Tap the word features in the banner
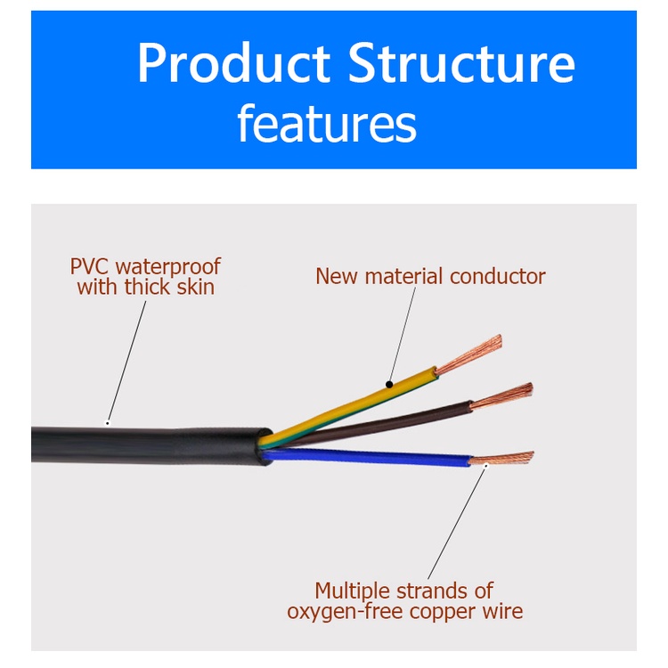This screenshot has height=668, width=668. coord(326,125)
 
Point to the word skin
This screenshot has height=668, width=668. coord(193,287)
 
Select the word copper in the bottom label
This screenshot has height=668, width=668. coord(436,611)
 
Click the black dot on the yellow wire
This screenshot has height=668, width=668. coord(389,385)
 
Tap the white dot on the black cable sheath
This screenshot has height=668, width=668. coord(108,422)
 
